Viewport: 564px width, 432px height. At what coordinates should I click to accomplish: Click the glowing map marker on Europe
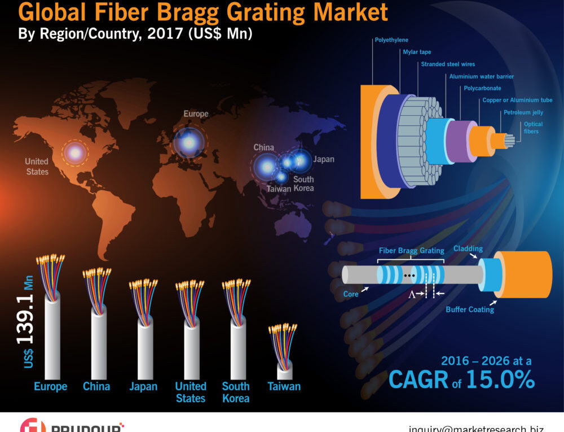pos(190,142)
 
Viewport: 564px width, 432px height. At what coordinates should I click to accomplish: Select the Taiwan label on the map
pos(279,189)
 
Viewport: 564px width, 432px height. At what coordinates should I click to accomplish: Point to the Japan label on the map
pos(324,159)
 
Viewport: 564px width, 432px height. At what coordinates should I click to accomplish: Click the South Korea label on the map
pos(303,184)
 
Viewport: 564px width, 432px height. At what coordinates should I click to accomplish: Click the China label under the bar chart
pos(96,387)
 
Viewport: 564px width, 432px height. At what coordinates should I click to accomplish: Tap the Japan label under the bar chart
pos(143,387)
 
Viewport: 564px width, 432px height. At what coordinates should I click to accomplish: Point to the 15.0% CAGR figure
pos(500,379)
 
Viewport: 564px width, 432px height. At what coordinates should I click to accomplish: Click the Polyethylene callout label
pos(391,40)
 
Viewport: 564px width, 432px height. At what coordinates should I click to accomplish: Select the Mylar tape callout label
pos(417,52)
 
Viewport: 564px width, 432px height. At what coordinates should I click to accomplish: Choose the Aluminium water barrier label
pos(481,76)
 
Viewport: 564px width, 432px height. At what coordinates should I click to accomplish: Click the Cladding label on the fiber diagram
pos(468,248)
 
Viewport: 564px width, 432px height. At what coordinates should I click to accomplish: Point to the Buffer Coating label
pos(470,309)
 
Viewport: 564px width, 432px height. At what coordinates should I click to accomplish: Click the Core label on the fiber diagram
pos(351,294)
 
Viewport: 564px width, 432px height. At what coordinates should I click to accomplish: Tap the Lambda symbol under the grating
pos(411,294)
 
